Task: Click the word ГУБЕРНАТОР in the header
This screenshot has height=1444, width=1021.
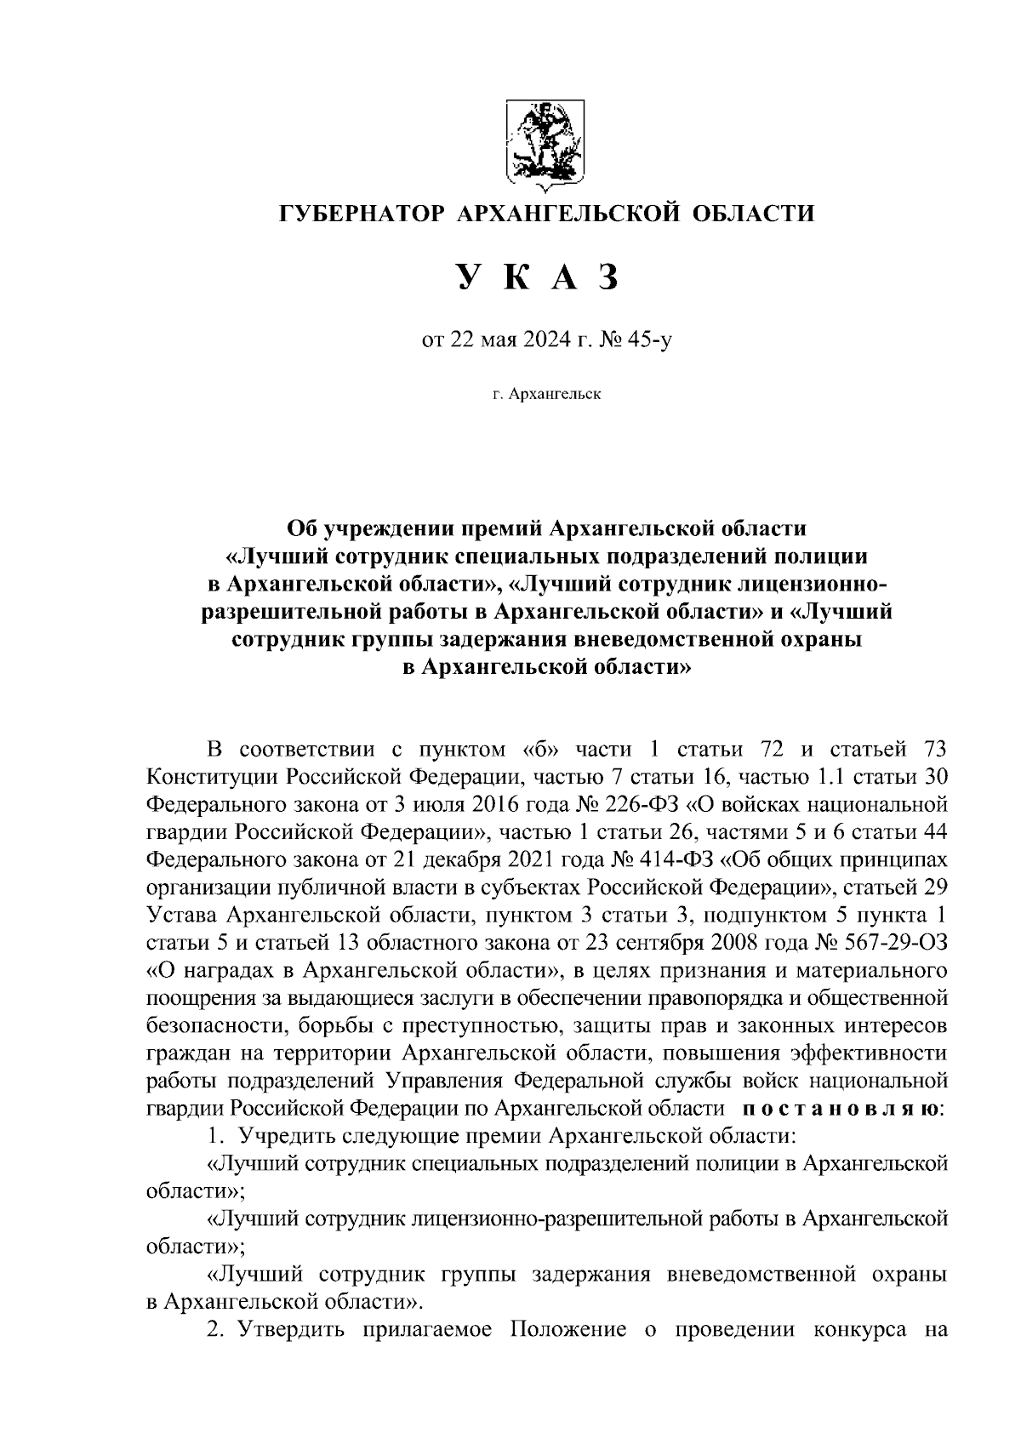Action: pyautogui.click(x=361, y=213)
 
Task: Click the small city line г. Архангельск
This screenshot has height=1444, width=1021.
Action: pyautogui.click(x=545, y=395)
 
